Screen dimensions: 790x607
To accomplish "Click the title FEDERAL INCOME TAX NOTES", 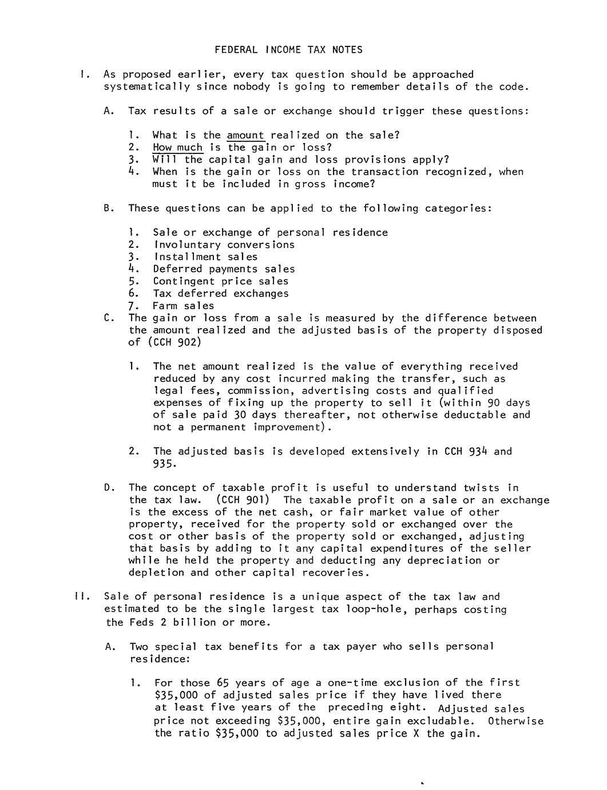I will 288,50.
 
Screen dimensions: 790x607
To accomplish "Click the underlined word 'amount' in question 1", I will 245,136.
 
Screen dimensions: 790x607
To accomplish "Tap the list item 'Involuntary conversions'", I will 224,245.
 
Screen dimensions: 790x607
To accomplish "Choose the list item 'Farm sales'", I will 183,306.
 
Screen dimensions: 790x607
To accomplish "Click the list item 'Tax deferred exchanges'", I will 220,294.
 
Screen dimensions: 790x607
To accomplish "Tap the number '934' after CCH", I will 477,452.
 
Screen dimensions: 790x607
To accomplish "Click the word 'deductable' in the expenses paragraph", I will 477,415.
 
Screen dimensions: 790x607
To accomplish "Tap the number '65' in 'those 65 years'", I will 223,683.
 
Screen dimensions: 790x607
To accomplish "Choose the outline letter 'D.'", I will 110,488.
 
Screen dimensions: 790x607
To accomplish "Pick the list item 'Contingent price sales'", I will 220,282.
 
